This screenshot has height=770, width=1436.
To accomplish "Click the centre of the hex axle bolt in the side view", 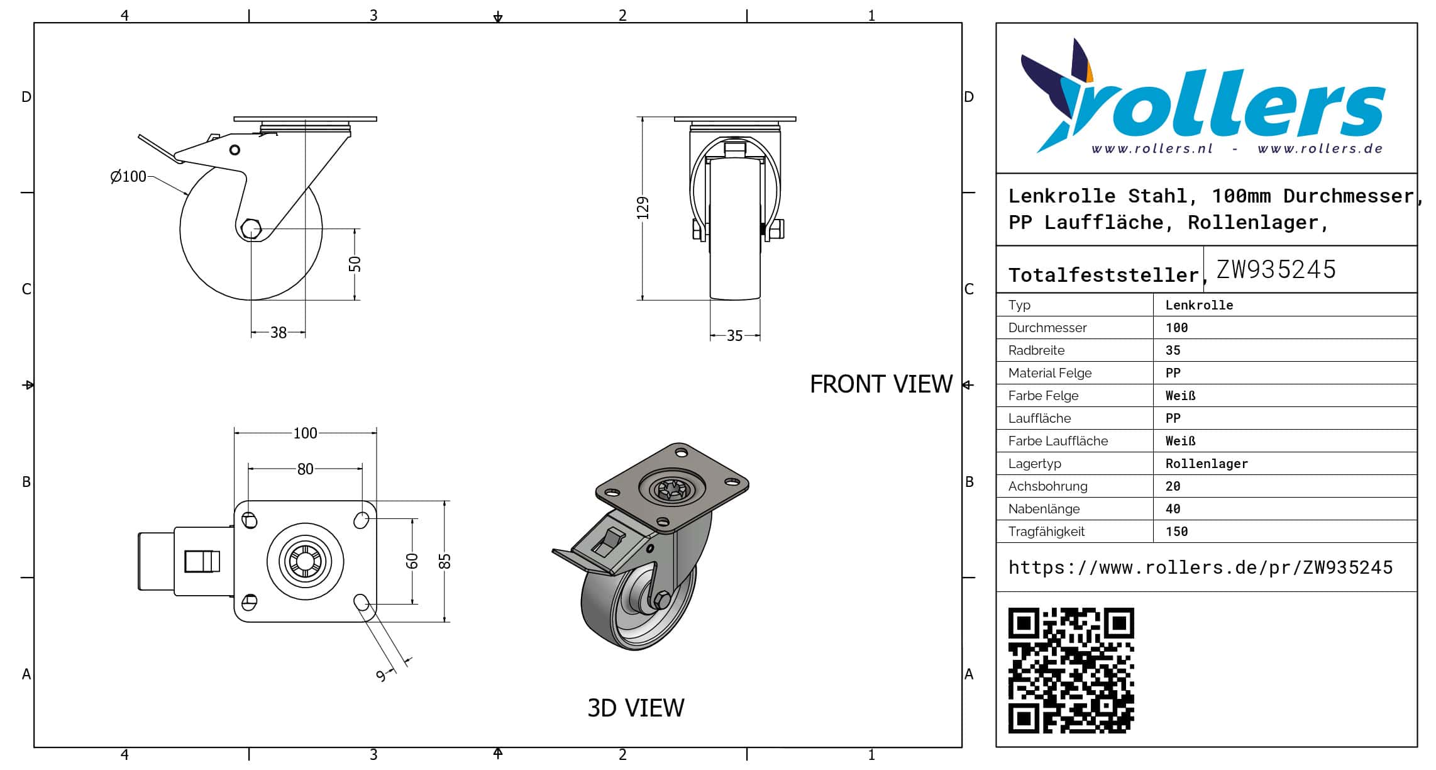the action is point(251,229).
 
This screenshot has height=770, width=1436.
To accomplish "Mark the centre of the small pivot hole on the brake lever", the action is point(235,150).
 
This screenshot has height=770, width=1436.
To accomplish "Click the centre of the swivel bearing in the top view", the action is point(306,561).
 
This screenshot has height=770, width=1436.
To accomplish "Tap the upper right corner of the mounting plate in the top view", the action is point(377,501).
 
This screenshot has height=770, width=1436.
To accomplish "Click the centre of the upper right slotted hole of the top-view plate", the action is point(362,520).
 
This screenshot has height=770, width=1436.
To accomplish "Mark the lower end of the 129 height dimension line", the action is point(643,300).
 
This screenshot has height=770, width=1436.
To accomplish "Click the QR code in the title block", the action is point(1071,670).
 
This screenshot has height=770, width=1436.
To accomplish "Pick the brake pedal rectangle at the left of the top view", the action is point(202,561).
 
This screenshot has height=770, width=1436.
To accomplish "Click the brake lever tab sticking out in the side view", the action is point(159,148).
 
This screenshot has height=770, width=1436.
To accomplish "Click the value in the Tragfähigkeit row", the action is point(1176,532).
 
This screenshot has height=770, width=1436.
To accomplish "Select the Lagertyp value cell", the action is point(1207,464).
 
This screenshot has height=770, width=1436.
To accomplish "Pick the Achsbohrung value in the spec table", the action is point(1173,486).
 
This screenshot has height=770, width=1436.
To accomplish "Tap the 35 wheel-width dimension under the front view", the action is point(734,336).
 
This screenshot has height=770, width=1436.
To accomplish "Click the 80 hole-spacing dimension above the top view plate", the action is point(305,469).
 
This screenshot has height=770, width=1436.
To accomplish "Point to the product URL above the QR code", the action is point(1200,567).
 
